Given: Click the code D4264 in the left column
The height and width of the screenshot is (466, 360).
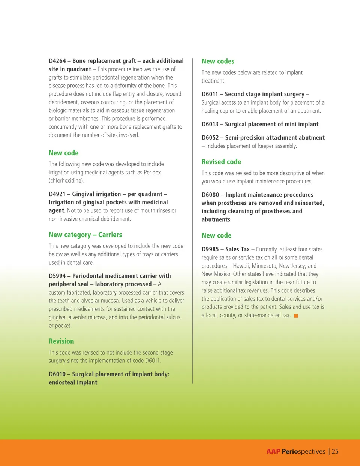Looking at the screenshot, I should (x=57, y=61).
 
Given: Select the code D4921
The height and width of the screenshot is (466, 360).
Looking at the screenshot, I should (x=57, y=194).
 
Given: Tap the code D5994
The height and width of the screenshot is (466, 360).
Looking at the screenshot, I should (x=57, y=276).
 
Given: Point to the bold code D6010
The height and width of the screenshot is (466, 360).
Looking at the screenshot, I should (x=57, y=374).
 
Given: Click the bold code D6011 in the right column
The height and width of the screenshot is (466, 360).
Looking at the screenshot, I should (x=210, y=94).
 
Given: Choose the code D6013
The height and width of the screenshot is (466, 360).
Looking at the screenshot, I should (x=210, y=124).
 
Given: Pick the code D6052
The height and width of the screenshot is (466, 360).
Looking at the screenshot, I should (x=210, y=138).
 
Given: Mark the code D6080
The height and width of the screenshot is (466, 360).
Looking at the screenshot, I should (x=210, y=195).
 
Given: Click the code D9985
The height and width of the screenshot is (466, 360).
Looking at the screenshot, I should (x=210, y=249).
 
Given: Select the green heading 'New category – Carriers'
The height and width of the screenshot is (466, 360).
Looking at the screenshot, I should (x=85, y=235).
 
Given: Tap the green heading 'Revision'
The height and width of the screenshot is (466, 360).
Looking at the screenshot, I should (x=61, y=341).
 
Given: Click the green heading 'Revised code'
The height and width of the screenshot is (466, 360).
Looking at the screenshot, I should (x=221, y=162).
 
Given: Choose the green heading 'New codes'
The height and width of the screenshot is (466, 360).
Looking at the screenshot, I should (x=218, y=62).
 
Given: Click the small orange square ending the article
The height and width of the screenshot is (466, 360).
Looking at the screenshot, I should (x=296, y=316).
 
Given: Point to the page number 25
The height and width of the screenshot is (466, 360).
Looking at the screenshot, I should (x=335, y=452).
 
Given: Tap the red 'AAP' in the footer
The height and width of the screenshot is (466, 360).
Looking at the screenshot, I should (x=273, y=452).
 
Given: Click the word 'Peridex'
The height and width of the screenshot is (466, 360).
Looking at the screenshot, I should (x=152, y=173).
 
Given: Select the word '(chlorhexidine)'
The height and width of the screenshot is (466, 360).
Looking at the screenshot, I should (x=66, y=181).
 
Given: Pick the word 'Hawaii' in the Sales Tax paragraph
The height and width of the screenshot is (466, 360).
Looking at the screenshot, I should (x=241, y=266).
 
